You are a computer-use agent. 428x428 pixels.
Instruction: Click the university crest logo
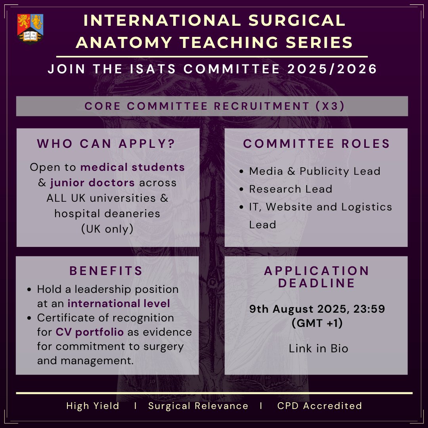click(x=30, y=29)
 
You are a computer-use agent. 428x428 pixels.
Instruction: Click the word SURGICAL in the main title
click(x=292, y=21)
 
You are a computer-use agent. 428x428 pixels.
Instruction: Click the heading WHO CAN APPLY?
click(x=106, y=144)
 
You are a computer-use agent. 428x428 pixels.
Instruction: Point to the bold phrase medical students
click(x=133, y=167)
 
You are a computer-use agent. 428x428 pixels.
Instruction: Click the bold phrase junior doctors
click(x=92, y=183)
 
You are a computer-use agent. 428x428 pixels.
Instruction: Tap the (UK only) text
click(x=107, y=229)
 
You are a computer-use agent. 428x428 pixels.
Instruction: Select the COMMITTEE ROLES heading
click(x=317, y=144)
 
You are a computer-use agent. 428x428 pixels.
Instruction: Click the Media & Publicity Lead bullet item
click(x=314, y=171)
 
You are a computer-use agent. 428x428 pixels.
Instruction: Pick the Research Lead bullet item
click(x=290, y=189)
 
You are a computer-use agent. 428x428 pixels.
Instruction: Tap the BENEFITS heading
click(x=106, y=271)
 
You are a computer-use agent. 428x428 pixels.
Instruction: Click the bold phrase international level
click(x=118, y=304)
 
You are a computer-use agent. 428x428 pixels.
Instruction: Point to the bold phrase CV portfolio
click(x=89, y=332)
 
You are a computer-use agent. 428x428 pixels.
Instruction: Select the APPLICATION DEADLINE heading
click(x=317, y=277)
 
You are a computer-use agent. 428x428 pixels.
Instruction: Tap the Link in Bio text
click(x=318, y=349)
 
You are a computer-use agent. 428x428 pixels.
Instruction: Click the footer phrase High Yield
click(x=93, y=406)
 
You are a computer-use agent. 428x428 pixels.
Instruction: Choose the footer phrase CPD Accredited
click(x=319, y=406)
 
